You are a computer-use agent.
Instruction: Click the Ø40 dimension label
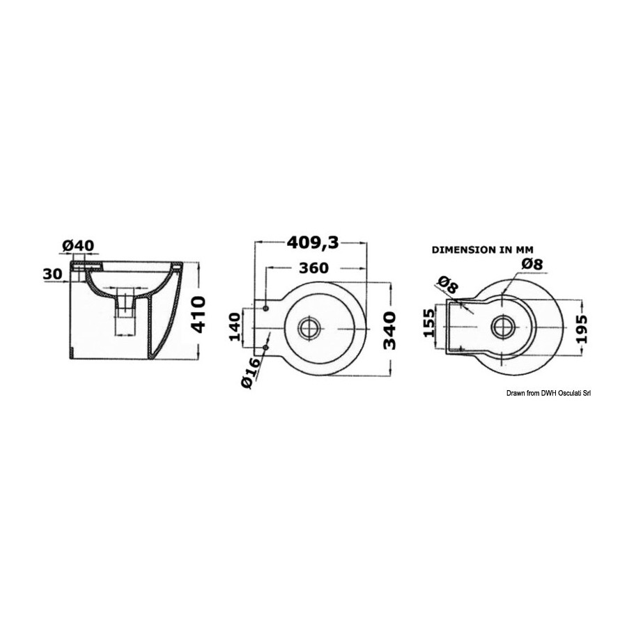click(78, 245)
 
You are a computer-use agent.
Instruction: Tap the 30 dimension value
click(53, 274)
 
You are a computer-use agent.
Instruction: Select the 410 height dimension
click(199, 315)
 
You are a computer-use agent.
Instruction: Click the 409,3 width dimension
click(313, 242)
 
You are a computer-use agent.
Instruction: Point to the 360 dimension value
click(313, 268)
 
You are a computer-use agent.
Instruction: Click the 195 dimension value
click(583, 329)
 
